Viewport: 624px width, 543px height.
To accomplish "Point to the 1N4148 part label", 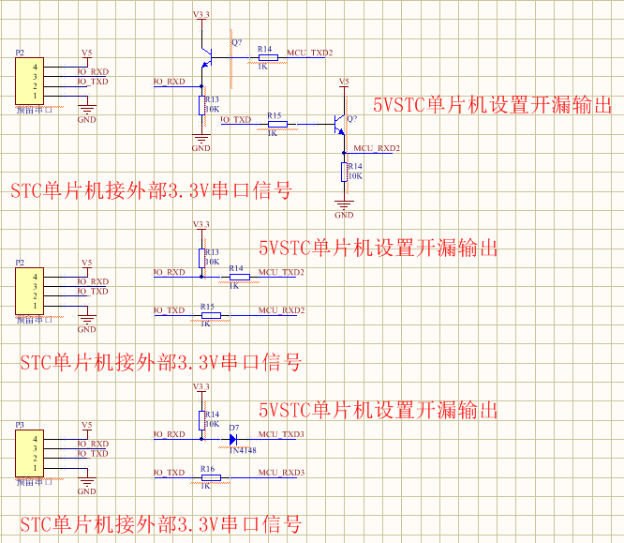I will [244, 450].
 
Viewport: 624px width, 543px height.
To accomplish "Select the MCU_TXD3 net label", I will [281, 434].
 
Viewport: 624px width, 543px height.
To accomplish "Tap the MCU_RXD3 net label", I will [281, 473].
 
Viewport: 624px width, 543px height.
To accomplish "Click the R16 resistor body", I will [210, 477].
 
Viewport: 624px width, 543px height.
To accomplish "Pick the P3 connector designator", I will [20, 425].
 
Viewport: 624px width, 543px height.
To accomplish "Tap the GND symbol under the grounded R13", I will [201, 141].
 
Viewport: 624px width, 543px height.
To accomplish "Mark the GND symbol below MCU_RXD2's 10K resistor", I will [344, 203].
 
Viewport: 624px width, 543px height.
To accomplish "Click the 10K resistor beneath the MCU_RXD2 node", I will [344, 172].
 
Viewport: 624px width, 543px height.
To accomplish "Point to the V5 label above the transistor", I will [343, 83].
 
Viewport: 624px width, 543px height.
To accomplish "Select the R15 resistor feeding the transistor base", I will [275, 124].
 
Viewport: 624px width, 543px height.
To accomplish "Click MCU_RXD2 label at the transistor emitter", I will [377, 149].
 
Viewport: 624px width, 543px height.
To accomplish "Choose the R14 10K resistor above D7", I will [201, 418].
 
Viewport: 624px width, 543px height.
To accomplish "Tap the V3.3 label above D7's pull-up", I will [201, 386].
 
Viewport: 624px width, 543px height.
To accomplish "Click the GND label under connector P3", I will [86, 491].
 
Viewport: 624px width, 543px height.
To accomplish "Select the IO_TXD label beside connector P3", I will [92, 454].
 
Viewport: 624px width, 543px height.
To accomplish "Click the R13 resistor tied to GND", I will [201, 105].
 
